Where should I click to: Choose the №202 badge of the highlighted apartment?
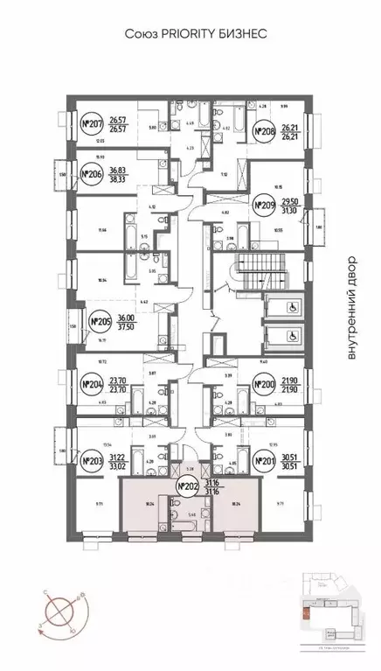tap(187, 486)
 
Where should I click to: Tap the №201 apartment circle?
tap(265, 461)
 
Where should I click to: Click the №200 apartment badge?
tap(265, 383)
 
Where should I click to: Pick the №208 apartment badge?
tap(265, 133)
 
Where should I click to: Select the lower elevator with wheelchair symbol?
tap(284, 335)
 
